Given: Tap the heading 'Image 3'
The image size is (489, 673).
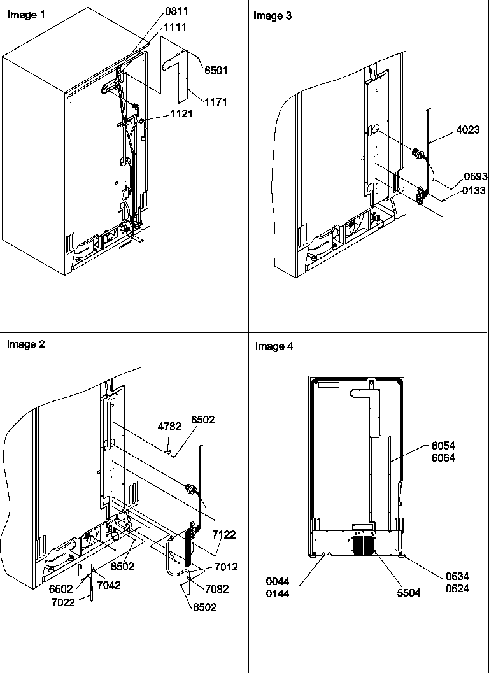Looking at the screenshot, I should (273, 16).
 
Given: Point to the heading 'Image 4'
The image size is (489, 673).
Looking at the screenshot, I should (274, 346).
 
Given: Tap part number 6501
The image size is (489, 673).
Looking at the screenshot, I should (216, 71).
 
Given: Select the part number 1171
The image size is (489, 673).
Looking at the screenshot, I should (216, 101).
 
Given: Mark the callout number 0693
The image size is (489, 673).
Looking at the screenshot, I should (474, 177).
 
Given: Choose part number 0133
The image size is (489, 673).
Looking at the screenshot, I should (474, 190).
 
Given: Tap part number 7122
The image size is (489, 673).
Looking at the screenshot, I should (223, 535).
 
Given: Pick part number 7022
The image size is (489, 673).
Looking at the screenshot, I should (63, 602).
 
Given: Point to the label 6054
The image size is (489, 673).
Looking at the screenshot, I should (443, 446).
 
